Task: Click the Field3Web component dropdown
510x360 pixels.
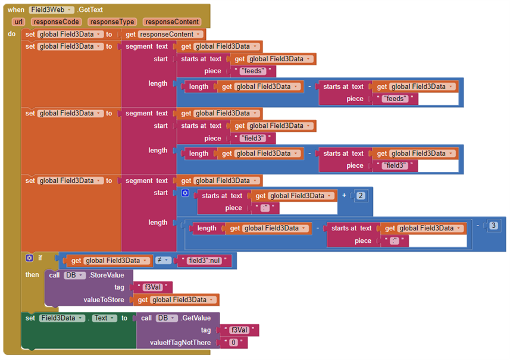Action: click(52, 10)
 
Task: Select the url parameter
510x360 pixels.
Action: click(18, 22)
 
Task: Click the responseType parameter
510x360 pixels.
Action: click(111, 22)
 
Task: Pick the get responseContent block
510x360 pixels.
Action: click(164, 35)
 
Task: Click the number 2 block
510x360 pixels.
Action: click(360, 195)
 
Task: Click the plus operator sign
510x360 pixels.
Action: click(344, 195)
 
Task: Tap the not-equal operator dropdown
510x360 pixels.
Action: click(163, 260)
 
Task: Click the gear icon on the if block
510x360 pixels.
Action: click(29, 258)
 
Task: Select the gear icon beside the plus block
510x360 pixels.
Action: click(185, 193)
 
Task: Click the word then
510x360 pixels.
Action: click(32, 275)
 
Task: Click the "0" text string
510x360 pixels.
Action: click(234, 343)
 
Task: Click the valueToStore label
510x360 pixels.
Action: click(104, 300)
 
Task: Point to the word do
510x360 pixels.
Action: click(12, 34)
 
